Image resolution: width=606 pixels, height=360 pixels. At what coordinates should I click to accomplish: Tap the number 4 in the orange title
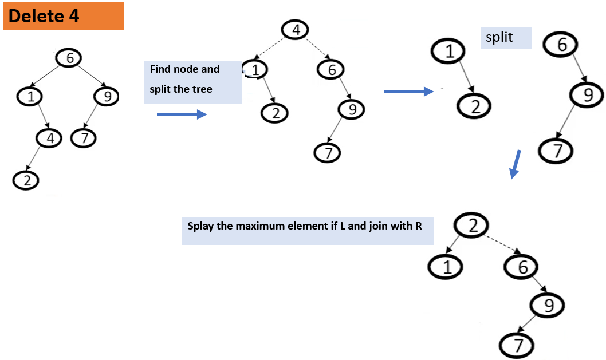(74, 16)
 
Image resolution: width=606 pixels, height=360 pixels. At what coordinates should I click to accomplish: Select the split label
(499, 38)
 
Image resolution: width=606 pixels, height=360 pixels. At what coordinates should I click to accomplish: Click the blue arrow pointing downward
(516, 164)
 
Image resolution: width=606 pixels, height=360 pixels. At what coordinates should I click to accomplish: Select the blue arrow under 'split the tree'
(181, 114)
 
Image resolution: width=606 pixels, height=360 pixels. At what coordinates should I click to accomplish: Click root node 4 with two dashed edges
(295, 29)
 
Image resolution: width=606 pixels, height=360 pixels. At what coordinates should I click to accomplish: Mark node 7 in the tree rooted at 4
(328, 153)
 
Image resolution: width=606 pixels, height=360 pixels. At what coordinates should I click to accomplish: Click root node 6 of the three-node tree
(562, 45)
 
